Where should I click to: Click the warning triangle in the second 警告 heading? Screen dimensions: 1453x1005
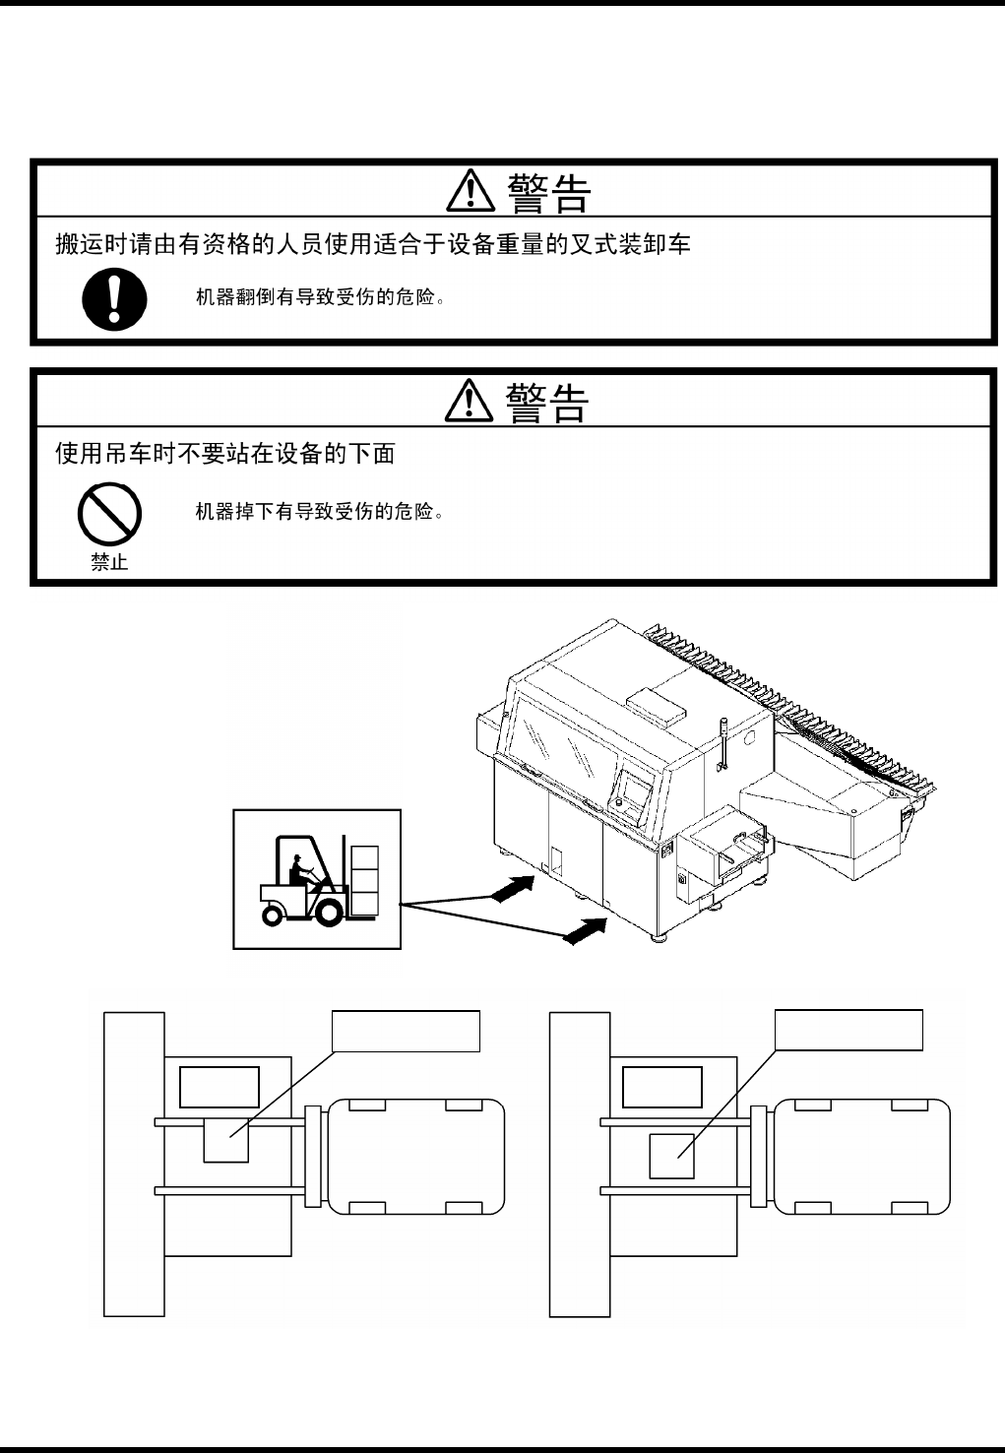[470, 402]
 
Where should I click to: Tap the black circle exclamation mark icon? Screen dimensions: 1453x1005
[114, 299]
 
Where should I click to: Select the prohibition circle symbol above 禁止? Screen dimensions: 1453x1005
[109, 513]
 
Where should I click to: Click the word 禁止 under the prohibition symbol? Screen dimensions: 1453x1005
[109, 563]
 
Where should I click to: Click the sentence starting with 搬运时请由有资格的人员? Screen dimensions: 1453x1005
[372, 244]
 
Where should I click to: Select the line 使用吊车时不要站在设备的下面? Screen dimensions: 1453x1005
[225, 454]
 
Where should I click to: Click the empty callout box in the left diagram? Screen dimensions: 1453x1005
[406, 1031]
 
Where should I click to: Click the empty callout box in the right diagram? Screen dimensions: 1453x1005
[848, 1031]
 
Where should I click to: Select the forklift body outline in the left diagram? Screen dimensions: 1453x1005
[415, 1157]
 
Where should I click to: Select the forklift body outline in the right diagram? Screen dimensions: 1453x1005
[862, 1157]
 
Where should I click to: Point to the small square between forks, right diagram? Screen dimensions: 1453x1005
[671, 1155]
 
